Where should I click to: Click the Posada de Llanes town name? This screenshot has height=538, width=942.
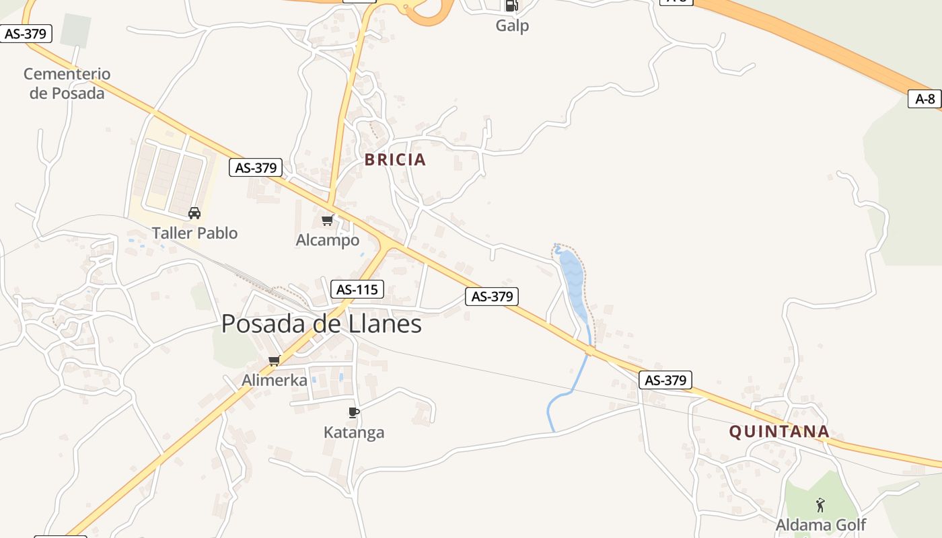click(321, 324)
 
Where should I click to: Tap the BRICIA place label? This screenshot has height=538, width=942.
click(395, 159)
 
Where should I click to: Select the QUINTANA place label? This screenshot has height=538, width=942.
click(779, 432)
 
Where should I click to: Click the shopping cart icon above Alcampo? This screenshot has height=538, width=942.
click(328, 220)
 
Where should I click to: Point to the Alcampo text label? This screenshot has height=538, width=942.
click(328, 240)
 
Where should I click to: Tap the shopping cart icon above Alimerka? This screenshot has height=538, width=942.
click(275, 360)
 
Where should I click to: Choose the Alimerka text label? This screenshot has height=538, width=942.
click(275, 380)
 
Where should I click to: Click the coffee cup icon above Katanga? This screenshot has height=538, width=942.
click(354, 412)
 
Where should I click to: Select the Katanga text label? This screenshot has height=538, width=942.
click(354, 432)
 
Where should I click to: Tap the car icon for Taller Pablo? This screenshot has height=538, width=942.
click(194, 213)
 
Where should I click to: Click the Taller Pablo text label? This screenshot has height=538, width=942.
click(194, 233)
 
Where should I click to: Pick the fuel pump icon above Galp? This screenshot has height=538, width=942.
click(511, 6)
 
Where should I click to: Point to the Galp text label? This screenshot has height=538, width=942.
click(512, 26)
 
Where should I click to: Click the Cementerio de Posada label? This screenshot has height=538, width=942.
click(67, 83)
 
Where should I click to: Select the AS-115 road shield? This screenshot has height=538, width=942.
click(357, 290)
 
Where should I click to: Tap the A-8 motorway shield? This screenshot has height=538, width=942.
click(925, 99)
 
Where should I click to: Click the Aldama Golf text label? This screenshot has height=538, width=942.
click(821, 525)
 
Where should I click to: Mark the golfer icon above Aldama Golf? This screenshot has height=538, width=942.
click(820, 504)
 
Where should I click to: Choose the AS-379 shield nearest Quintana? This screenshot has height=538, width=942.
click(665, 380)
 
